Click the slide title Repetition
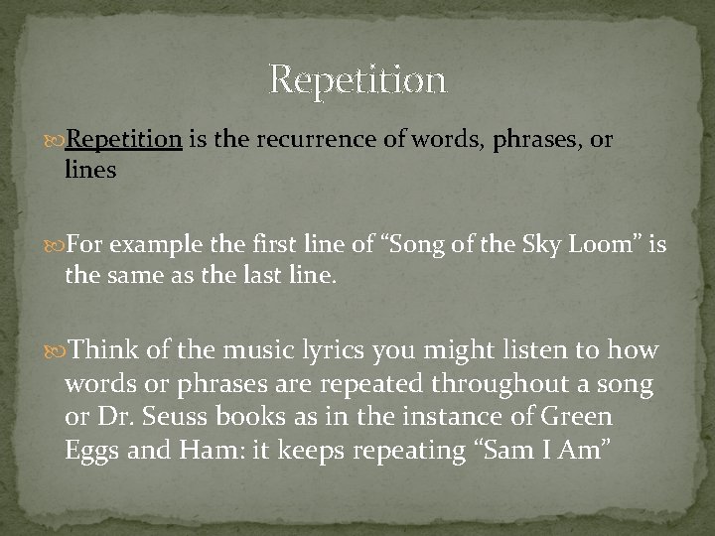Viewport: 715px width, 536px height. point(357,79)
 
